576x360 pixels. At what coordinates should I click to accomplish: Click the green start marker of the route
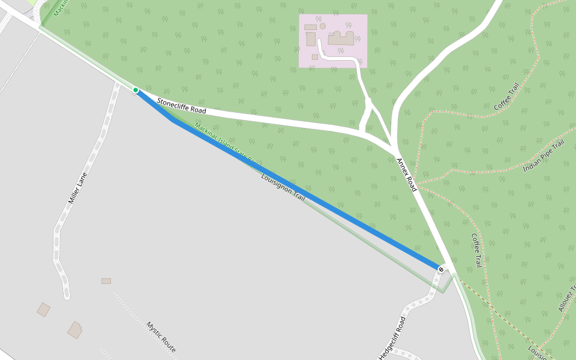click(x=136, y=90)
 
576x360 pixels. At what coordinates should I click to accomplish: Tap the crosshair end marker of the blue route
click(x=441, y=269)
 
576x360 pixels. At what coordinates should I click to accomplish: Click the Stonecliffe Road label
click(x=181, y=106)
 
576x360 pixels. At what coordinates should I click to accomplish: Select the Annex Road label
click(x=406, y=175)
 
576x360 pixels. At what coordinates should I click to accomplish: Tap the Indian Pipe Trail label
click(x=544, y=157)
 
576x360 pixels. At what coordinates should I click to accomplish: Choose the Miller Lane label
click(x=77, y=187)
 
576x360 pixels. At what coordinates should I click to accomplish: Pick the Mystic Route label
click(x=161, y=337)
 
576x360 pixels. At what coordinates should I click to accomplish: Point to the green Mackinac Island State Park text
click(x=227, y=143)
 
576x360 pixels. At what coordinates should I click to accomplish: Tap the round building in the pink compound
click(x=323, y=26)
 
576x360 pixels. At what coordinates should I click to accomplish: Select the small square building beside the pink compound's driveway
click(x=314, y=57)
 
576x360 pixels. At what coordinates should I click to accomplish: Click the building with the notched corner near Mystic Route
click(x=75, y=330)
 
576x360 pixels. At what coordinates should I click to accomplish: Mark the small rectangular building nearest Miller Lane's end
click(x=106, y=281)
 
